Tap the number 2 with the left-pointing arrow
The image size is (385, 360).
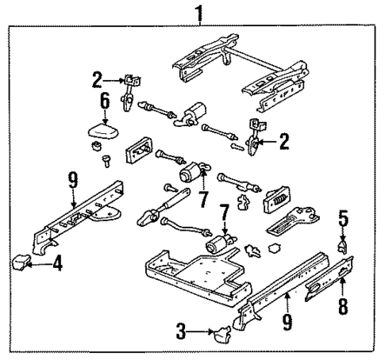(x=283, y=142)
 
